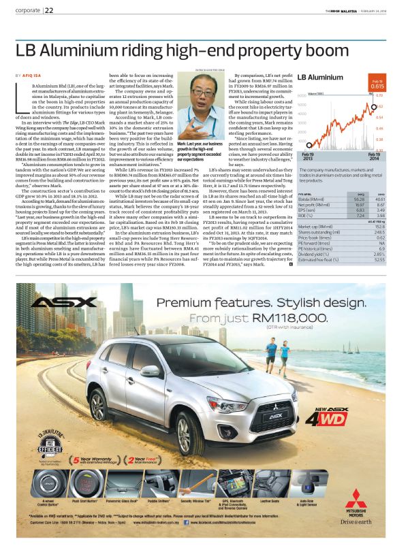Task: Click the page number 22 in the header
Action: click(50, 10)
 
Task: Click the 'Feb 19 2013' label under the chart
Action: click(308, 157)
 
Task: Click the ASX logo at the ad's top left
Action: click(56, 302)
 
